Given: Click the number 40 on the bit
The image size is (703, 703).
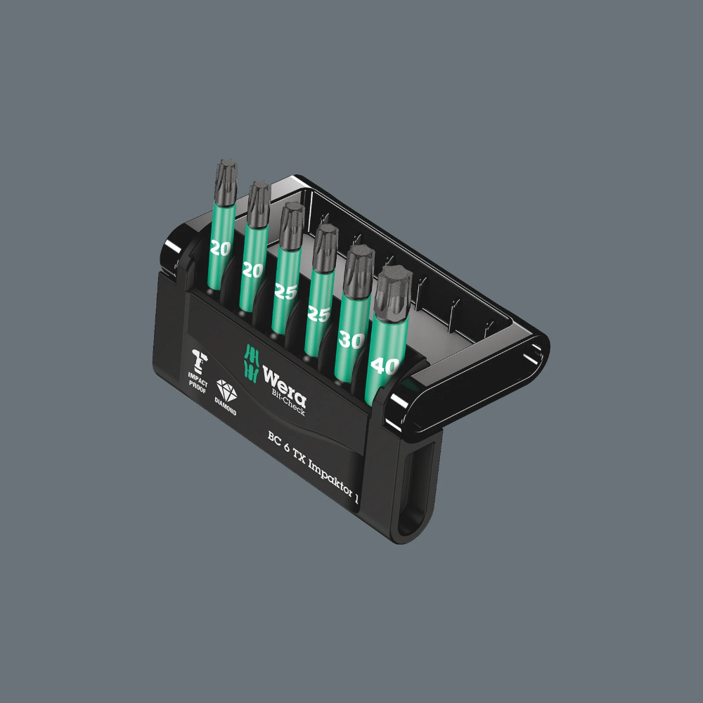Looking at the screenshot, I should [x=387, y=366].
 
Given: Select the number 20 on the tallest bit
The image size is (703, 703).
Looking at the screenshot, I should [x=221, y=247].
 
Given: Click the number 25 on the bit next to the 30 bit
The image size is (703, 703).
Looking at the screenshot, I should [x=318, y=314].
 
